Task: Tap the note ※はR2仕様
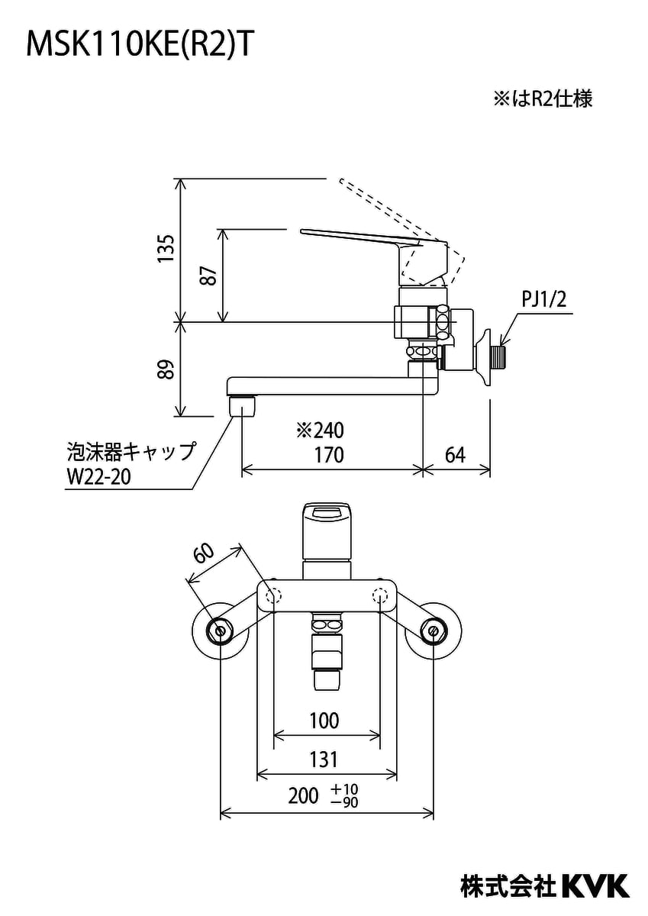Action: [x=542, y=98]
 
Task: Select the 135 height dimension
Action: [x=166, y=250]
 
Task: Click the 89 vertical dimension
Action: [x=166, y=369]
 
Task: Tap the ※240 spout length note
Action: [x=321, y=431]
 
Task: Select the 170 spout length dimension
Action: [x=329, y=455]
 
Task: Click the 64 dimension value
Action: [x=455, y=455]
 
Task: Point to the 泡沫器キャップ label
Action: [x=131, y=451]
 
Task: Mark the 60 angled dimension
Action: [x=203, y=553]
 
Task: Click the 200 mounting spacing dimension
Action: [x=303, y=796]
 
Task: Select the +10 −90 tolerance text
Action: [x=345, y=795]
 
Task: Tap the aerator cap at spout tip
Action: [x=243, y=404]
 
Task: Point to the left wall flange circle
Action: [x=221, y=630]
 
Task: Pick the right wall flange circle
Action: [x=433, y=630]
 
